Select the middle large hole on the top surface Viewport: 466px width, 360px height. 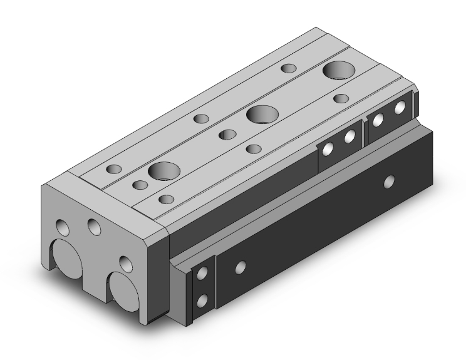click(x=262, y=115)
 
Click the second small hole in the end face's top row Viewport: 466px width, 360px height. click(x=95, y=226)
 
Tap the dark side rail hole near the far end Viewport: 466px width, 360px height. click(x=390, y=182)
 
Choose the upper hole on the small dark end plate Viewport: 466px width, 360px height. click(x=202, y=274)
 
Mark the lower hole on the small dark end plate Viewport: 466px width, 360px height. click(x=201, y=301)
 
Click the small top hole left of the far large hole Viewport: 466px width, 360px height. click(x=288, y=68)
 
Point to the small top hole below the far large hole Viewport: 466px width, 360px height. click(x=341, y=98)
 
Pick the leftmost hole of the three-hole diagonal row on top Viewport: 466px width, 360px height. click(x=201, y=119)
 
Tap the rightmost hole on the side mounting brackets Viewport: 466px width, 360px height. click(x=400, y=110)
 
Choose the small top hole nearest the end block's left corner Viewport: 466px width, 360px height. click(x=115, y=169)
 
